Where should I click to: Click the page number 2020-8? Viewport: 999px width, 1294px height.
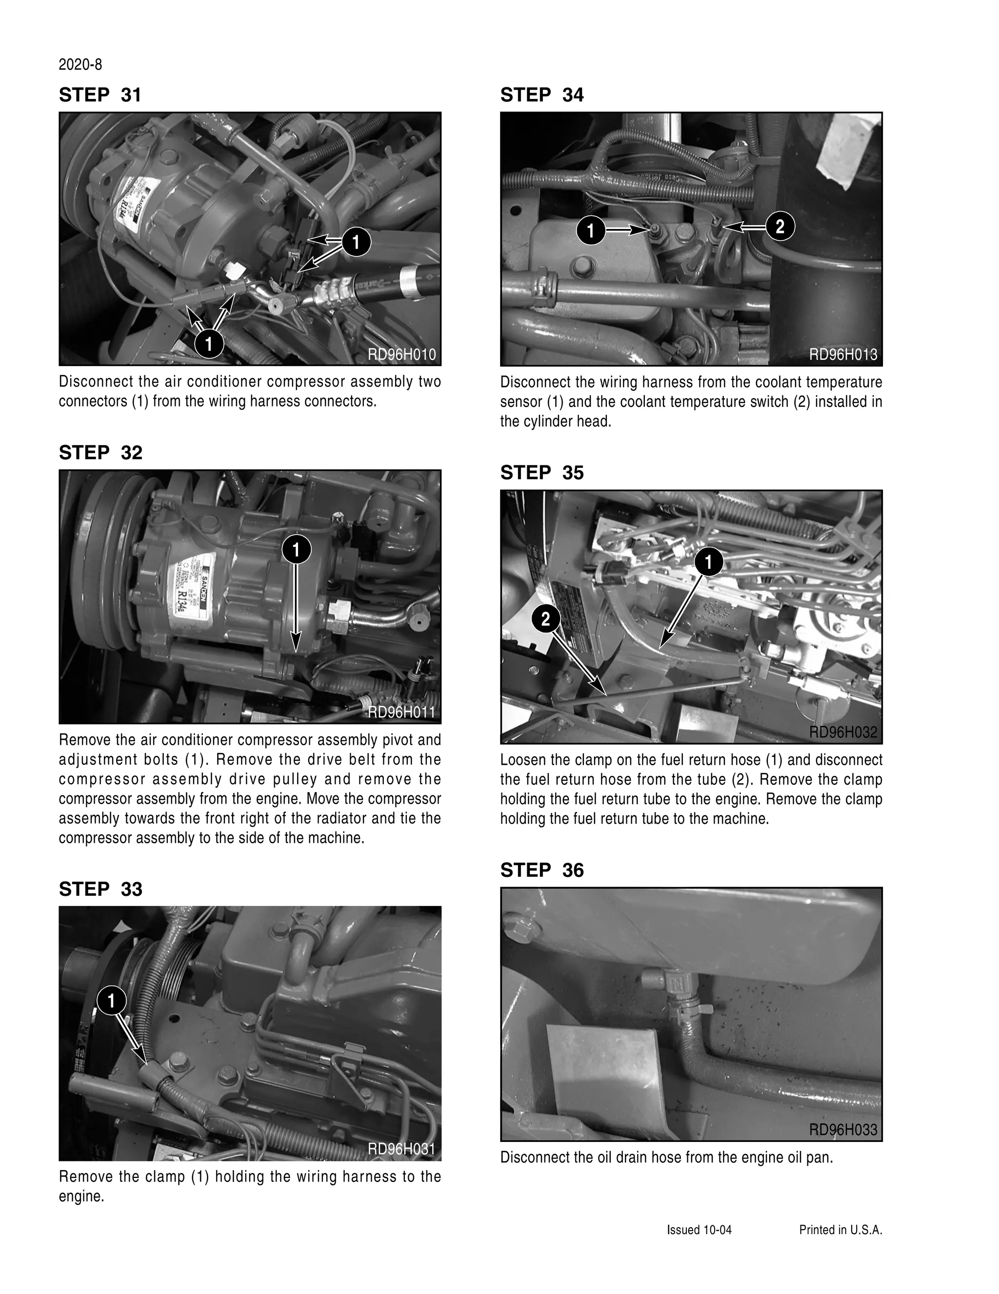[80, 65]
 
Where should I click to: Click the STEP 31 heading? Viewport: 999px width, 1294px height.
[100, 95]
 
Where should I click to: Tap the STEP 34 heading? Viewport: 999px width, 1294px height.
[541, 95]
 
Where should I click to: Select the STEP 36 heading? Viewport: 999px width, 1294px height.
[541, 870]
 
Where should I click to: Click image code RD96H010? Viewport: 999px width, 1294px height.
[401, 354]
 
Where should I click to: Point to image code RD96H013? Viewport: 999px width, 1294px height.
[842, 354]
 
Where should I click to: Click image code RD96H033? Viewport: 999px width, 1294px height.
[842, 1130]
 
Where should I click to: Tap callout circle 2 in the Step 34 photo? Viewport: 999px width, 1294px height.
[779, 226]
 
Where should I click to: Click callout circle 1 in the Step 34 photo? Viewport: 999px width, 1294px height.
[591, 231]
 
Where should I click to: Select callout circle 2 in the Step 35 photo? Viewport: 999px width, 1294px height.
[545, 619]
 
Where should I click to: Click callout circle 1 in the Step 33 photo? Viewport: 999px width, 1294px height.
[111, 1001]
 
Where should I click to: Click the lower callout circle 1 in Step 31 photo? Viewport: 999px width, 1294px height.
[209, 344]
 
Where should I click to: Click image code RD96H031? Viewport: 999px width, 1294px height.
[401, 1149]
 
